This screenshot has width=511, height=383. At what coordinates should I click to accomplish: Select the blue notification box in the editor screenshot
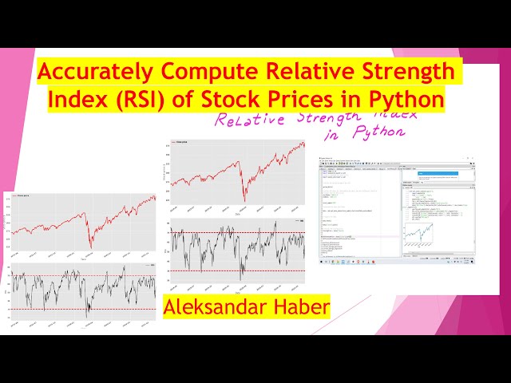(432, 178)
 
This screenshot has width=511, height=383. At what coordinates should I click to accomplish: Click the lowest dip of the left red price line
(90, 244)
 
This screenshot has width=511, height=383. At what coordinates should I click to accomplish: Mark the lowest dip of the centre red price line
(244, 199)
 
